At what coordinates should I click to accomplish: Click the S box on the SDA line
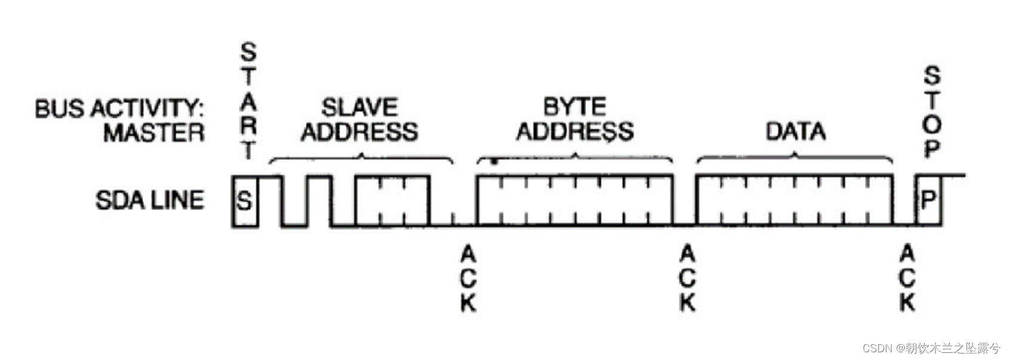tap(245, 201)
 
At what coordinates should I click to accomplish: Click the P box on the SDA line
tap(928, 200)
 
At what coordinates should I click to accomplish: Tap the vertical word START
tap(248, 100)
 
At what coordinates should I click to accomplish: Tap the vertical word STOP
tap(932, 112)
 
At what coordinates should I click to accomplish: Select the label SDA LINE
tap(149, 200)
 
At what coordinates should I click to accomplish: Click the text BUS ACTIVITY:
tap(119, 109)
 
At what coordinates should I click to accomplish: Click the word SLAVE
tap(359, 107)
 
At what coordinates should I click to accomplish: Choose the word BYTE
tap(574, 107)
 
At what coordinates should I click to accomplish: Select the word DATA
tap(795, 131)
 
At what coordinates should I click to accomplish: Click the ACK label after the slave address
tap(468, 279)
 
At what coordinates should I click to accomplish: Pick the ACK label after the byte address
tap(688, 279)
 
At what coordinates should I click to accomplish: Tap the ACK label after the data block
tap(907, 279)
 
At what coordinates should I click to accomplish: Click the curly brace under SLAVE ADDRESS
tap(361, 158)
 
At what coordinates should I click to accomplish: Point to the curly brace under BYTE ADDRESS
tap(574, 158)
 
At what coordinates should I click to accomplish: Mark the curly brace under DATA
tap(795, 158)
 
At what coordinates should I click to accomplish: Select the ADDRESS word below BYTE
tap(574, 131)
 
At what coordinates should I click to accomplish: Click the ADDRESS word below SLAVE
tap(359, 131)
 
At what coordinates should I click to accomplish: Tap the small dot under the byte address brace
tap(494, 161)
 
